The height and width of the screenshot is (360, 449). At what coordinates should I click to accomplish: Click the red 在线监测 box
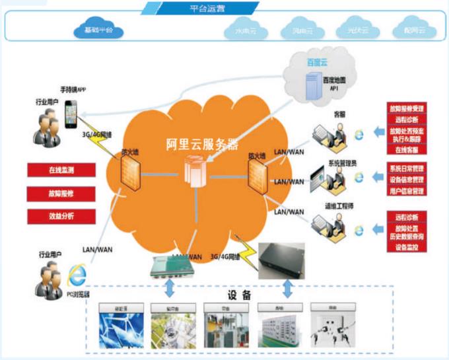[61, 170]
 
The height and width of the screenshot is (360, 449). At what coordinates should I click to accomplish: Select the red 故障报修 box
[61, 194]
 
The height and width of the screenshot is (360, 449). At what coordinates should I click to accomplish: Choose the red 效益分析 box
[61, 216]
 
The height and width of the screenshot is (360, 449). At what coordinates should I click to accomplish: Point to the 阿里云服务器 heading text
[203, 145]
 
